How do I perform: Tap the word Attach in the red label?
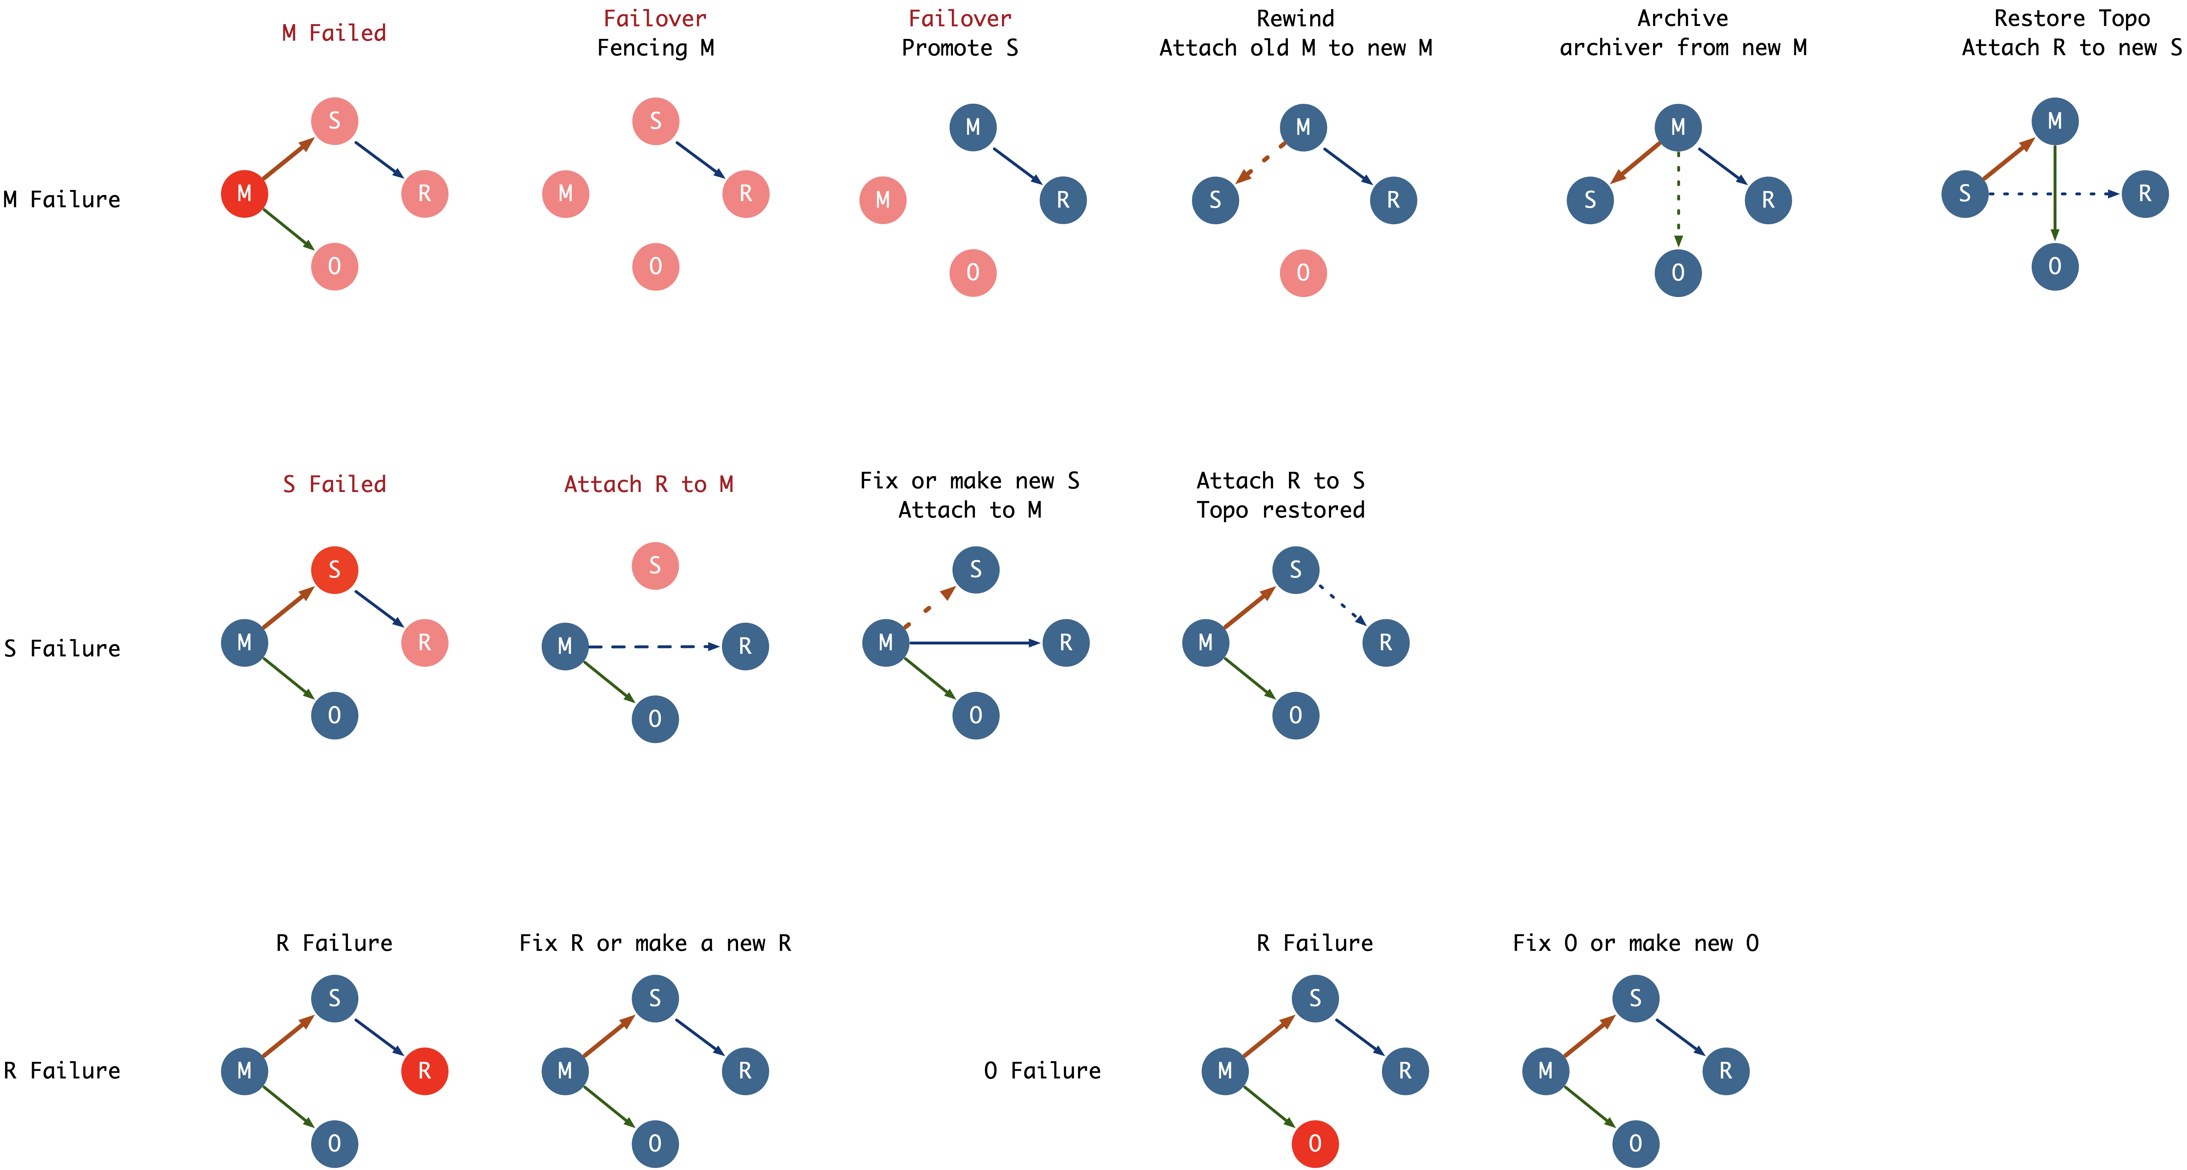point(603,484)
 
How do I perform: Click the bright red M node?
point(244,194)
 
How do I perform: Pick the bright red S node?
point(335,570)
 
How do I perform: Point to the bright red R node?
point(424,1071)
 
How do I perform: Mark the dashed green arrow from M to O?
point(1678,200)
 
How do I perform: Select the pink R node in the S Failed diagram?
point(424,643)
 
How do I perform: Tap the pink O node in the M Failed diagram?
point(335,267)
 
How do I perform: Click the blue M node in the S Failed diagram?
point(244,643)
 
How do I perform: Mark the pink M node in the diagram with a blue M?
point(883,200)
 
